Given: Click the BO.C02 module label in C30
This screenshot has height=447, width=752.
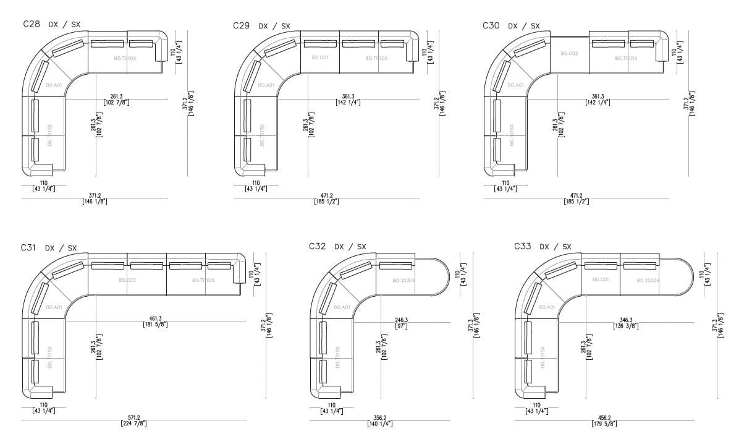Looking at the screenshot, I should coord(569,54).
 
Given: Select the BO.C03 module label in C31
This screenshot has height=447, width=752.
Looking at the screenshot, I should coord(127,280).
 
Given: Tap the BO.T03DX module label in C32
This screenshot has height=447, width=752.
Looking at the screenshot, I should coord(404,280).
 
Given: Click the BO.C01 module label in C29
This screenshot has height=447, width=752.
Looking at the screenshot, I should coord(319,57).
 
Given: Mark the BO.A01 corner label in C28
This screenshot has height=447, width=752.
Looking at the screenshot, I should coord(53,85).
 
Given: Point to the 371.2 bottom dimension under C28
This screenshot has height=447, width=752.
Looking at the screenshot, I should coord(95,198).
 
